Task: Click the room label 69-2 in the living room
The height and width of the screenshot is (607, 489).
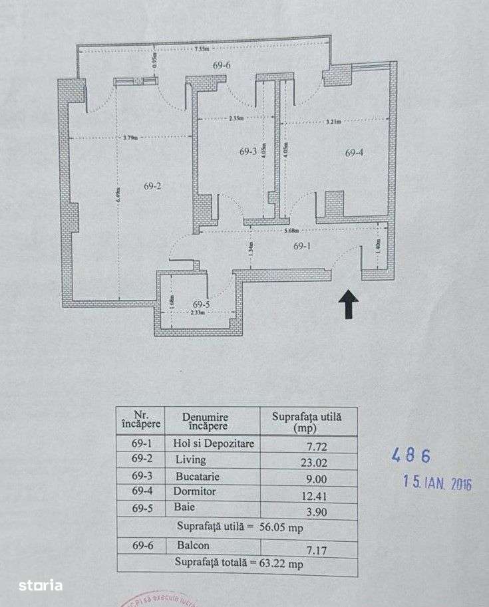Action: [x=152, y=186]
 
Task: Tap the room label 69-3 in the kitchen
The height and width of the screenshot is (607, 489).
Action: [x=247, y=152]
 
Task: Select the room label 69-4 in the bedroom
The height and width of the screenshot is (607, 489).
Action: [x=354, y=153]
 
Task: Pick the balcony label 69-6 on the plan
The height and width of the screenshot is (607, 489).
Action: [x=222, y=65]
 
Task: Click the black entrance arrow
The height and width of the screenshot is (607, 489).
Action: [x=348, y=306]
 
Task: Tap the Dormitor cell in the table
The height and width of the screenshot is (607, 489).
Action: [x=196, y=493]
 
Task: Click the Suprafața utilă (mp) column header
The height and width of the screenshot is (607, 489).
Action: [x=307, y=422]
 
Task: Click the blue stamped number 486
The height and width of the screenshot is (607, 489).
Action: [x=410, y=456]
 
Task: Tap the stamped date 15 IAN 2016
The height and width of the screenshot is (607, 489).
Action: [x=437, y=482]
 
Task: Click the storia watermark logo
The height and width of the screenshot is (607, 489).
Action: [x=41, y=586]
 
